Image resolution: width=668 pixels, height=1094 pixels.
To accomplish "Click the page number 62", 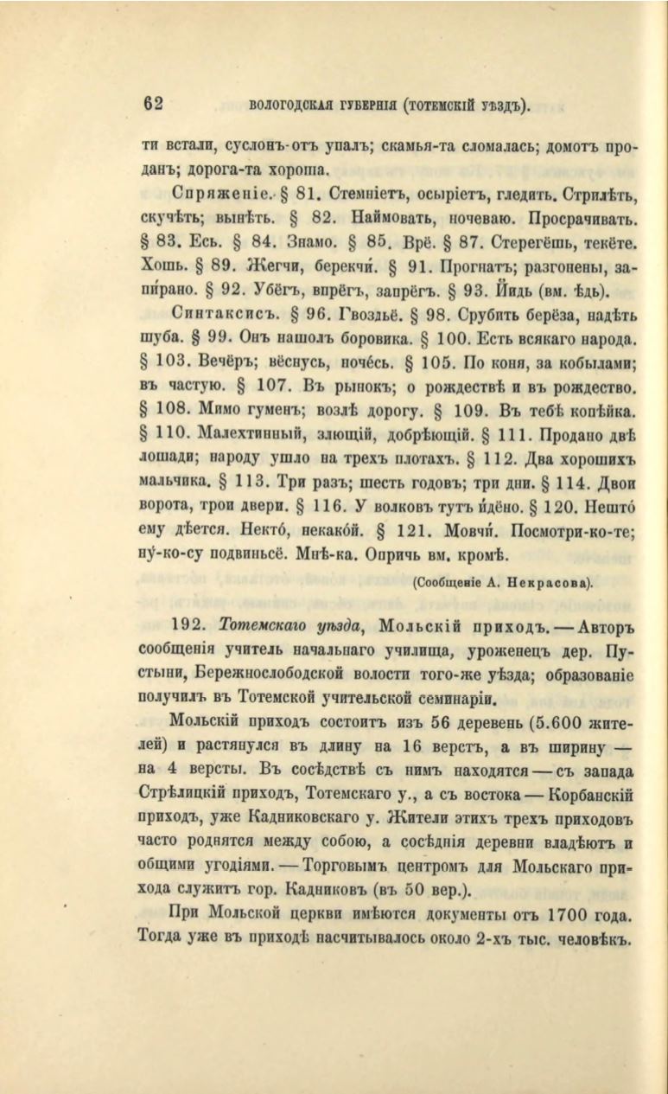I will [x=154, y=105].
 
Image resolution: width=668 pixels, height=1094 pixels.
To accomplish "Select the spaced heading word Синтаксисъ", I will [x=213, y=312].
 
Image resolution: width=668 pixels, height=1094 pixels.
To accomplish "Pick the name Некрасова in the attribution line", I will [x=555, y=582].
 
